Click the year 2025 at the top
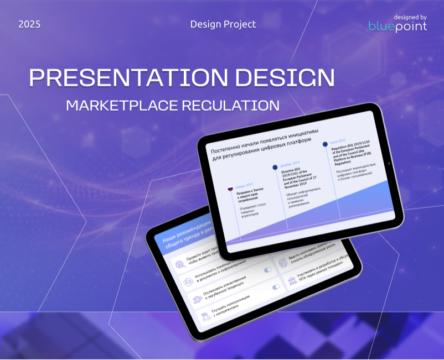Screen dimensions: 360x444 29,24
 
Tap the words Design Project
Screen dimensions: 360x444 223,24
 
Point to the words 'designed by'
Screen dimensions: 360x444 410,17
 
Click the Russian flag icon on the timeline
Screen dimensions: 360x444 230,189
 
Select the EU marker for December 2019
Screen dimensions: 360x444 275,166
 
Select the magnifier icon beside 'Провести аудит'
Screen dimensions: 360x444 179,265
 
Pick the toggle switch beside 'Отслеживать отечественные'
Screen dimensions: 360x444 276,287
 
